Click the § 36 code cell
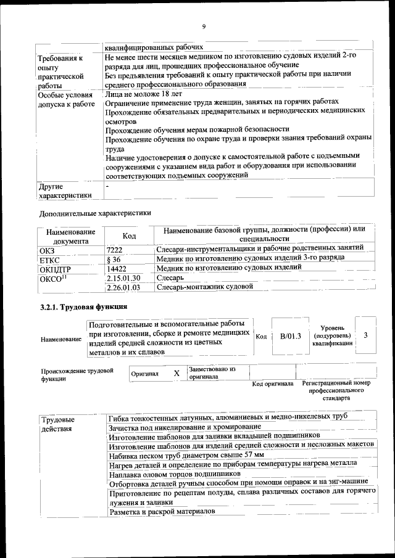click(114, 259)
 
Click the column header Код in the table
click(129, 236)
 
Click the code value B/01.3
click(290, 336)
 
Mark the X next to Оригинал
click(176, 374)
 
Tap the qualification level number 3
click(366, 335)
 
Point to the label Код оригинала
click(273, 384)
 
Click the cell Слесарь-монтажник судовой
click(205, 287)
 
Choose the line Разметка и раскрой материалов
click(162, 512)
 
